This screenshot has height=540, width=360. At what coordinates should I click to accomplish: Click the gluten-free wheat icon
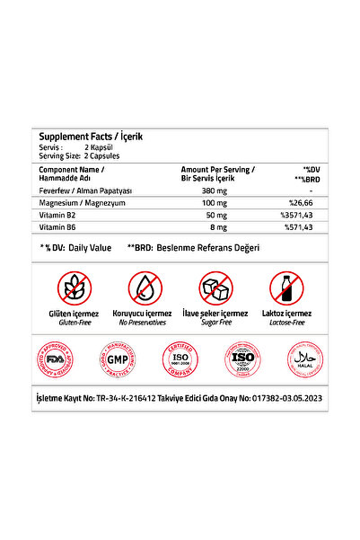point(74,288)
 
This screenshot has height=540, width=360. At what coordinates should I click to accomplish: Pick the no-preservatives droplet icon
point(145,288)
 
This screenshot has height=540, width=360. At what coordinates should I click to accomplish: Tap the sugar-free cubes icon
point(215,288)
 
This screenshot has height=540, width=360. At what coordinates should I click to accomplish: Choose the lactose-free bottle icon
point(285,288)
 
